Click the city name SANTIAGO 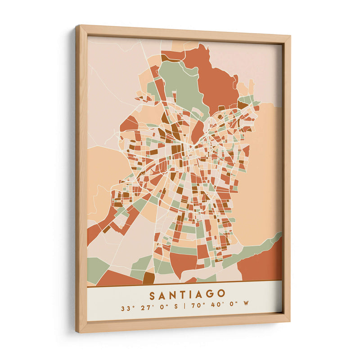pyautogui.click(x=187, y=295)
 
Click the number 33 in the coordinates pyautogui.click(x=125, y=309)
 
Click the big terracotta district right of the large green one pyautogui.click(x=216, y=81)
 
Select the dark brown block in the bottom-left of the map pyautogui.click(x=148, y=278)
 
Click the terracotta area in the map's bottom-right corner pyautogui.click(x=263, y=265)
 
